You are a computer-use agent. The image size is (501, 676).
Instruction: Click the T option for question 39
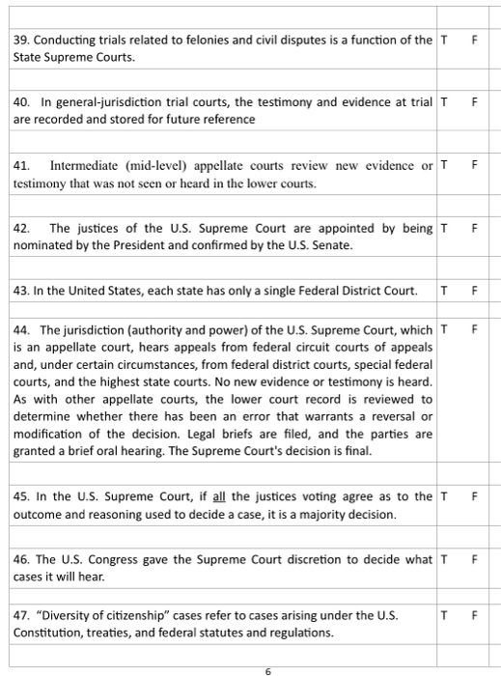click(x=443, y=41)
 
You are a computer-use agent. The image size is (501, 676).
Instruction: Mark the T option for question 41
click(x=443, y=165)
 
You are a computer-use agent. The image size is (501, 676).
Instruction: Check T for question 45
click(x=443, y=496)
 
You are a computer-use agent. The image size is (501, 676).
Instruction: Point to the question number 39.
click(x=21, y=41)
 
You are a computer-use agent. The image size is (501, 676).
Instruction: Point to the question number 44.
click(x=21, y=329)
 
